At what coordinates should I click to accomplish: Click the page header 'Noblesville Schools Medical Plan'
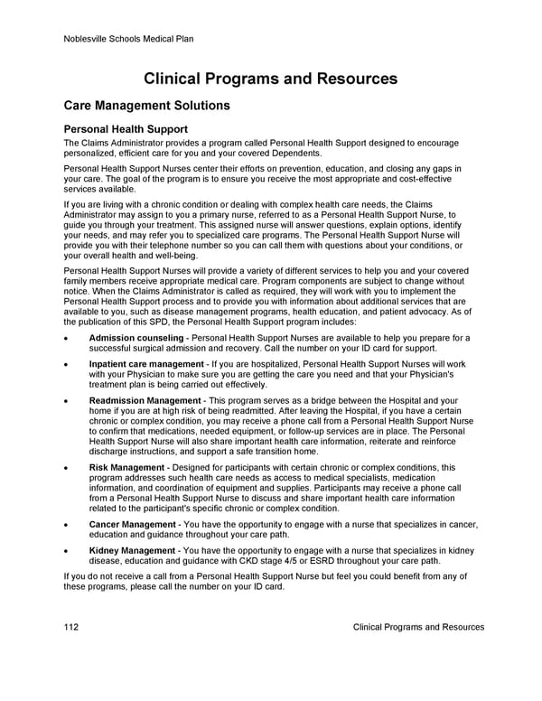[129, 39]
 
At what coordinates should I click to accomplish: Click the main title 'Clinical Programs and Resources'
[271, 79]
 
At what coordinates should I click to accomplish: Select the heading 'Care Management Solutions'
[146, 106]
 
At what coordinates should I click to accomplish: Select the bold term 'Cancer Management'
[132, 525]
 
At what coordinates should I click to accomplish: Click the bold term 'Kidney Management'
[132, 550]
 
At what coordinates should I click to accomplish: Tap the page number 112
[73, 627]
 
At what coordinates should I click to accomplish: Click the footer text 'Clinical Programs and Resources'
[418, 627]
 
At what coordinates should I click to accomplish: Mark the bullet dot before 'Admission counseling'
[69, 339]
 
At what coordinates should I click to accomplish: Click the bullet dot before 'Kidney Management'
[69, 551]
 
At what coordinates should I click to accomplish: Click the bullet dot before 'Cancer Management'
[69, 526]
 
